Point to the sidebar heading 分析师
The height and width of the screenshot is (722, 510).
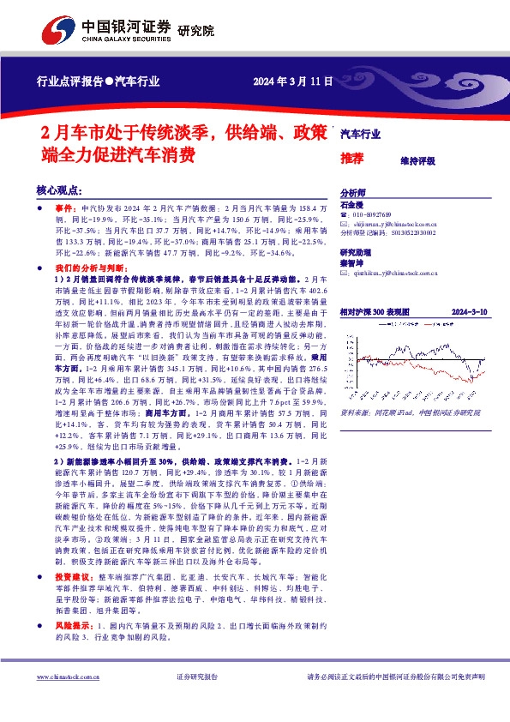353,194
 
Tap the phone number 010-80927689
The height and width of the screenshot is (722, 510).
373,214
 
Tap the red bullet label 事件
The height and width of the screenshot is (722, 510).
64,208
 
